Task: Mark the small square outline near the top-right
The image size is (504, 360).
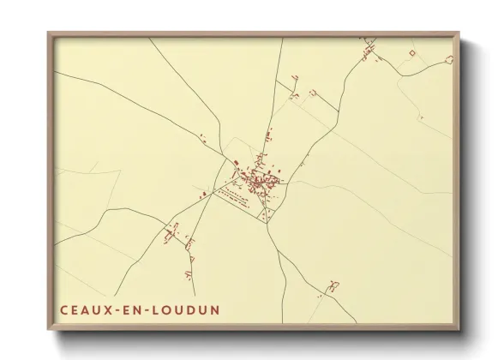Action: (x=411, y=54)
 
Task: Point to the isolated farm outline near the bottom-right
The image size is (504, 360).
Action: (x=331, y=285)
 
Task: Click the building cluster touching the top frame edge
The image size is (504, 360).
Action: (x=369, y=45)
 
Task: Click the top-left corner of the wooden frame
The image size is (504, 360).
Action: (x=49, y=33)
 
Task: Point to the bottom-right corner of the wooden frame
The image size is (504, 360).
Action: (x=459, y=329)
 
